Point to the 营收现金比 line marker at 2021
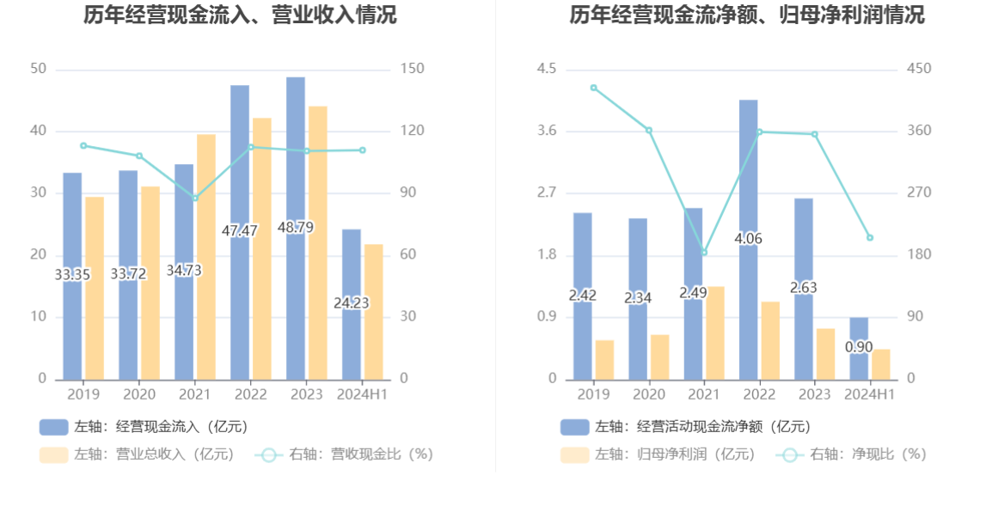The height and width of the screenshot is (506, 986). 195,198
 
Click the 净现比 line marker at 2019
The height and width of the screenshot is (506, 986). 593,88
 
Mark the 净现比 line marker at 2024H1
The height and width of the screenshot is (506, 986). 869,237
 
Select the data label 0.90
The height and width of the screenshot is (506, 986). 859,347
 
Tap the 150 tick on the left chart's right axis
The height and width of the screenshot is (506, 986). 413,69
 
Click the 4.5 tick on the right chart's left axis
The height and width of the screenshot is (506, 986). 547,69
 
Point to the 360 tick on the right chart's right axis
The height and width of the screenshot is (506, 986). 919,131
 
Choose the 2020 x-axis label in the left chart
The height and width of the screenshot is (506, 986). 139,394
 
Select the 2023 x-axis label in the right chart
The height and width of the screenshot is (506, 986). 814,394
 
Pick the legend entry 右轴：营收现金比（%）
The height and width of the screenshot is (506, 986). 344,454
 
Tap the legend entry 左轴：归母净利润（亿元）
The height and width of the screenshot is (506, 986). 658,454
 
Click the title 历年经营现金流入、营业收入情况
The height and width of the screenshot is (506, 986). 240,15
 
